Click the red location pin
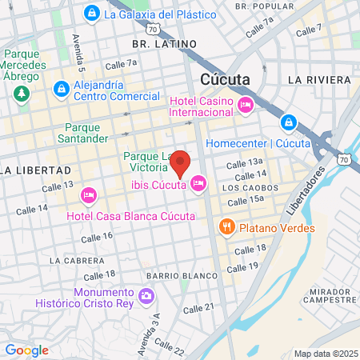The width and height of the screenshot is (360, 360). coord(181,163)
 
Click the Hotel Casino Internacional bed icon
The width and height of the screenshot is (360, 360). coord(246,105)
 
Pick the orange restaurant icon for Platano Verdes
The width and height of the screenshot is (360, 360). coord(227,227)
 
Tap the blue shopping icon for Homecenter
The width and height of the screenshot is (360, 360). coord(289,122)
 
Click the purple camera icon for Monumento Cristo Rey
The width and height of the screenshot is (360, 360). coord(146,296)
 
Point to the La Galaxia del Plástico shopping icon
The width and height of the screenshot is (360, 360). coord(93,14)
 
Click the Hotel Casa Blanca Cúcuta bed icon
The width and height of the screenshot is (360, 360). coord(89,194)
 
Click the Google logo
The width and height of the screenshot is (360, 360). coord(26,350)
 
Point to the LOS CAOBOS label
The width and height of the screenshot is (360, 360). coord(244,188)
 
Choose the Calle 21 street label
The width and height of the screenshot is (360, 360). coord(198,309)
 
